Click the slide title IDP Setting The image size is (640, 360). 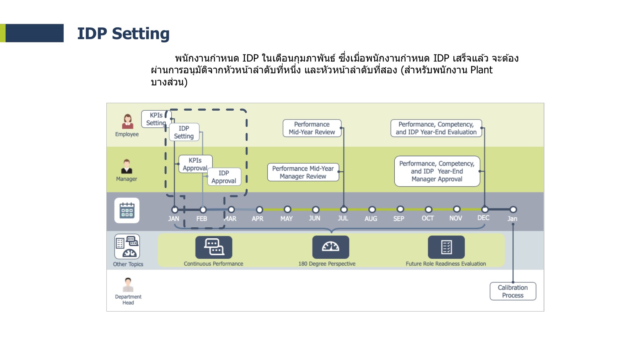point(123,34)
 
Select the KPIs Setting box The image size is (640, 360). point(156,119)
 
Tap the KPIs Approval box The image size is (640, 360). point(195,164)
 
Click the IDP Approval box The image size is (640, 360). point(224,177)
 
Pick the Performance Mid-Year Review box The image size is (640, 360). point(312,128)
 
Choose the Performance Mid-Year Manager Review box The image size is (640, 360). point(303,172)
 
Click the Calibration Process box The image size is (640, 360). point(513,291)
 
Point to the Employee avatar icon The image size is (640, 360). point(128,122)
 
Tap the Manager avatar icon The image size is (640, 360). point(127,166)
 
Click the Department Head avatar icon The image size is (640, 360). point(128,285)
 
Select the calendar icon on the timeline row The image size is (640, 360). point(127,210)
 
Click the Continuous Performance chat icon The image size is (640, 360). point(214,247)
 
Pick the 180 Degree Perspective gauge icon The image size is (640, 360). point(331,247)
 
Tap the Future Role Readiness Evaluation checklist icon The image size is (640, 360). point(446,247)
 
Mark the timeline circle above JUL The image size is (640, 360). point(344,210)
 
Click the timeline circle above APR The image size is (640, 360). point(260,210)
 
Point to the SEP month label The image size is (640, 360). point(399,218)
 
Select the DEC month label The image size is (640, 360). point(483,218)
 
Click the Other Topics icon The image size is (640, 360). point(127,247)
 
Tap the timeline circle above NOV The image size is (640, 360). point(457,209)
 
